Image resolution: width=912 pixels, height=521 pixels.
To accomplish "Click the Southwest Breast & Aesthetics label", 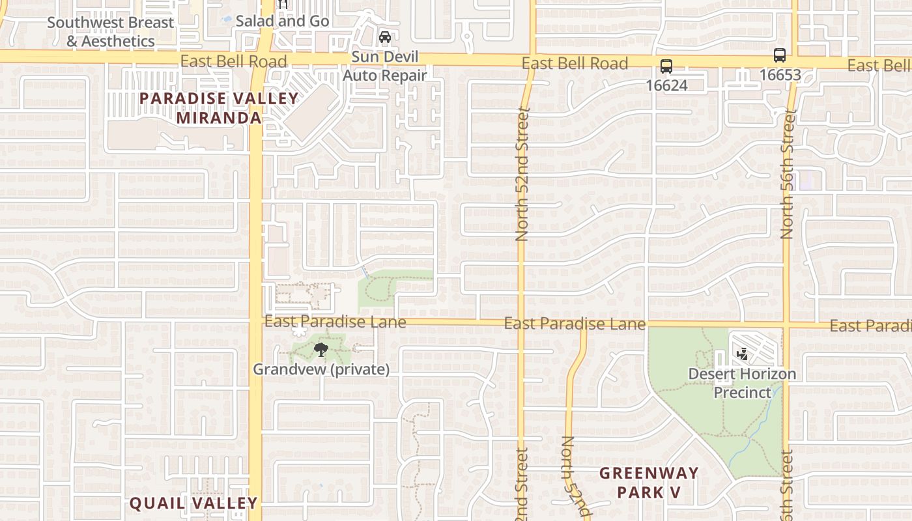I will (111, 31).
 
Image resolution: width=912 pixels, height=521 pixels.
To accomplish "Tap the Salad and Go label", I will (282, 21).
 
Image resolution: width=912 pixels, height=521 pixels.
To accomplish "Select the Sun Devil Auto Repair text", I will (385, 66).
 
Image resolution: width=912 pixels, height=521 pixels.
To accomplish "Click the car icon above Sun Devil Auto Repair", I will (385, 37).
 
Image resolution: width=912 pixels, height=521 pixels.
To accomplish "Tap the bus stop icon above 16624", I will (666, 66).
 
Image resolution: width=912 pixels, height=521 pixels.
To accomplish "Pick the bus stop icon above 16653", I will (780, 55).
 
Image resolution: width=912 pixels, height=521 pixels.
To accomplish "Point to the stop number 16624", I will (666, 85).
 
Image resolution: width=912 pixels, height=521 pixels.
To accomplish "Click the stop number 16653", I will (780, 74).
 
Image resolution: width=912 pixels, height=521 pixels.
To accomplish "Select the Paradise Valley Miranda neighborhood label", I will (219, 108).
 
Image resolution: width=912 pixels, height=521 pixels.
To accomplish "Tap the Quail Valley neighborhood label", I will (193, 503).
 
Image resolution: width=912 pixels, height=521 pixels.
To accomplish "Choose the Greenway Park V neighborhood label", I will (649, 483).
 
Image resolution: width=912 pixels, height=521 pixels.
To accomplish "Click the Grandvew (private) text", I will (321, 369).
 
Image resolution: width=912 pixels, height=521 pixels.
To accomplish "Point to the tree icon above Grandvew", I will (321, 350).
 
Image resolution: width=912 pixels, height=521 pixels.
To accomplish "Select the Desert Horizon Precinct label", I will (743, 383).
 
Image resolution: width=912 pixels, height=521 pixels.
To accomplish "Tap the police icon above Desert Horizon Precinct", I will (741, 355).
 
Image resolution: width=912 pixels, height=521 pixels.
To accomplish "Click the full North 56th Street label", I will (787, 175).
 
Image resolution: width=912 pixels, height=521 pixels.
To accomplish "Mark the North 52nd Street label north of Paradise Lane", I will (522, 175).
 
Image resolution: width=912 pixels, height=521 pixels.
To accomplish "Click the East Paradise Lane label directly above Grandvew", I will (335, 322).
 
